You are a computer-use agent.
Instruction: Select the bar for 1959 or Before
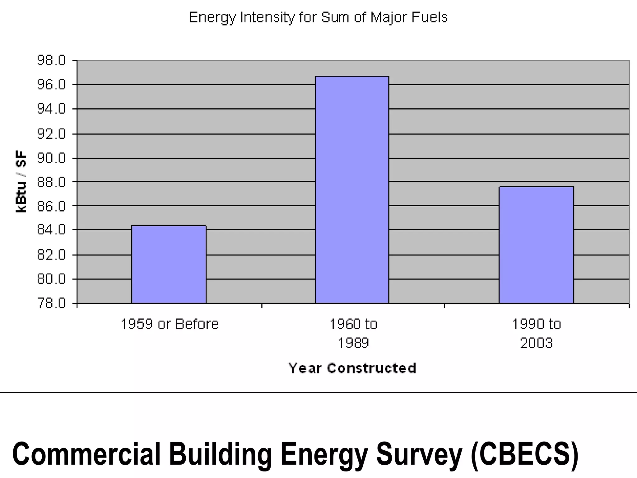(169, 264)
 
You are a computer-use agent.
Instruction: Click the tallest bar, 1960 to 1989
(352, 190)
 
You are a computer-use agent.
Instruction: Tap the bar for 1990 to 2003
(536, 245)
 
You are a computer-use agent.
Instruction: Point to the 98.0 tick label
(51, 60)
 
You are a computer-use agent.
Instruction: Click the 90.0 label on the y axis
(51, 158)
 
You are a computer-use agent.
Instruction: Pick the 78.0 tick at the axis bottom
(51, 303)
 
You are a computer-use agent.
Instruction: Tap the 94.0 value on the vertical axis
(51, 109)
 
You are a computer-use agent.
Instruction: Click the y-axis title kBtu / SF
(21, 182)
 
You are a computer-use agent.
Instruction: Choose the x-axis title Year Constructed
(352, 368)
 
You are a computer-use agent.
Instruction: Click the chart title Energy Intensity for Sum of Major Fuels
(318, 17)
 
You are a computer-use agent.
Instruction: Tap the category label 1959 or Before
(170, 324)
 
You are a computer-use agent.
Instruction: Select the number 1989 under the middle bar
(353, 343)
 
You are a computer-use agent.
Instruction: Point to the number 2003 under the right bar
(536, 343)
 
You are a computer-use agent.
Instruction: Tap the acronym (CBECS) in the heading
(524, 454)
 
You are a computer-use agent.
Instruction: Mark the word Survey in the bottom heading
(419, 454)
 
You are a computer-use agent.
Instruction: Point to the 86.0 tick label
(51, 206)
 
